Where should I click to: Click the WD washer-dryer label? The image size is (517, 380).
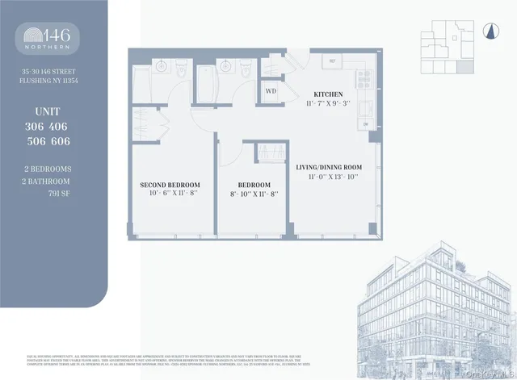pyautogui.click(x=271, y=91)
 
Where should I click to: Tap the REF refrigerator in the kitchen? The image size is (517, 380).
pyautogui.click(x=331, y=62)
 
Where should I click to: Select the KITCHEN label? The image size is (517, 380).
pyautogui.click(x=323, y=94)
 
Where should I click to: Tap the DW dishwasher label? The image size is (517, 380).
pyautogui.click(x=365, y=124)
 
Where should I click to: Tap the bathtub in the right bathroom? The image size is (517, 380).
pyautogui.click(x=204, y=81)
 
